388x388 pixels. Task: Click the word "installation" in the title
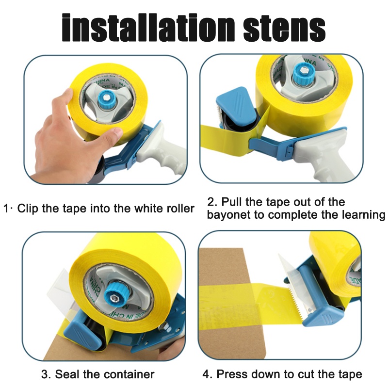[148, 27]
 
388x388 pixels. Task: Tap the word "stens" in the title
[284, 29]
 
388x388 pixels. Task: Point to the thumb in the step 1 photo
[113, 134]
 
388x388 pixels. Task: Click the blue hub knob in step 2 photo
[304, 73]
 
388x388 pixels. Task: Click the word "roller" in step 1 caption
[180, 209]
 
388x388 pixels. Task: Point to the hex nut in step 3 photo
[114, 298]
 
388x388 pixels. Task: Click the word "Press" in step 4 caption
[231, 374]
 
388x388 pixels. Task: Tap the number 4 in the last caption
[206, 374]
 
